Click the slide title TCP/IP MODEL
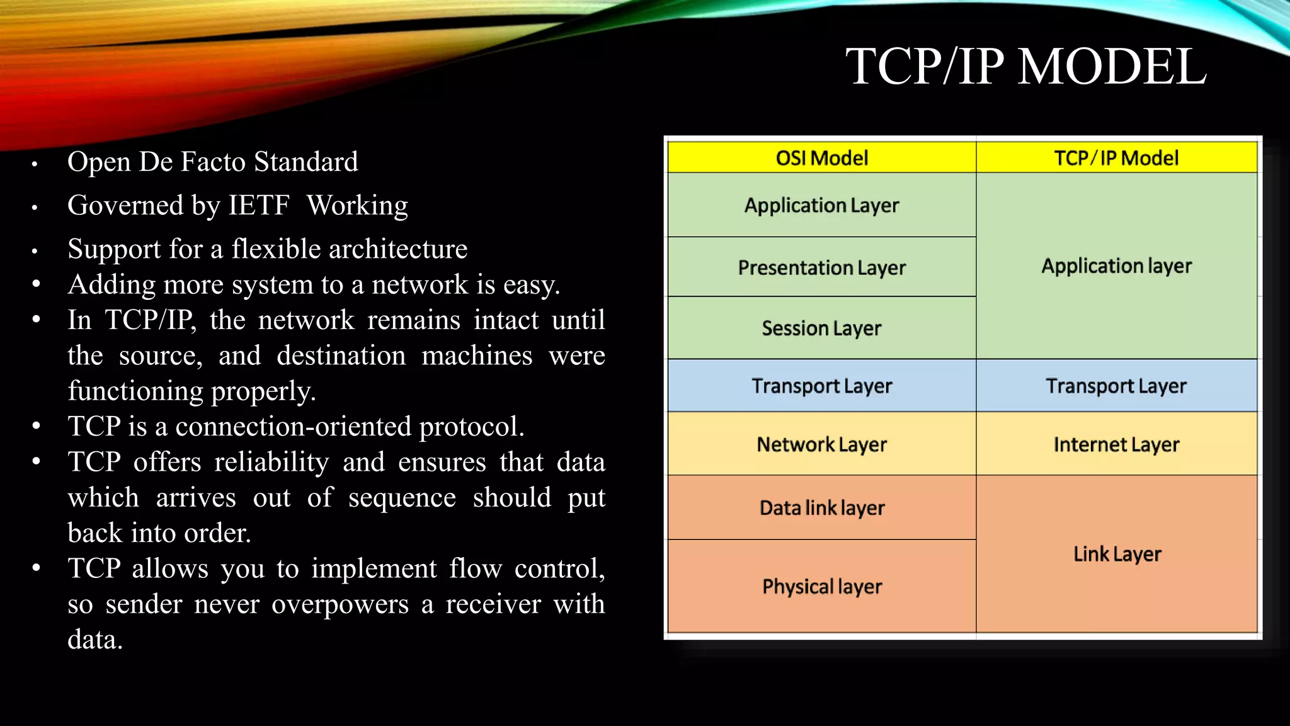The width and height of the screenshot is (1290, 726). [1025, 67]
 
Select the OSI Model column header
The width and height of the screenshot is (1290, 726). [821, 158]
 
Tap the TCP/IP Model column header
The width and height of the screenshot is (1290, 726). [1116, 158]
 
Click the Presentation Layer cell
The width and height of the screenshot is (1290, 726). [821, 268]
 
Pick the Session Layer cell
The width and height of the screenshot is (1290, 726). [821, 328]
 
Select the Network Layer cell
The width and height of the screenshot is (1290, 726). [821, 444]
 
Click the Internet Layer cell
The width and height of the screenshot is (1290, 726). [1116, 444]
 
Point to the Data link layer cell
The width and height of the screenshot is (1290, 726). [821, 508]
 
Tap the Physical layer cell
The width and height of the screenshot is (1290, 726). [821, 587]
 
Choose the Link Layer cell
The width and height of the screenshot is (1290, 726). [1117, 554]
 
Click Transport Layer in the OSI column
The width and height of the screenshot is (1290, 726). [821, 386]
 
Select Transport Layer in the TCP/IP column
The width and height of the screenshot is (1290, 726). [1116, 386]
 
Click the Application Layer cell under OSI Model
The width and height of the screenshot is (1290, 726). [821, 205]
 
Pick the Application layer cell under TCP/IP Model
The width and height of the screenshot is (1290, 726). [1116, 266]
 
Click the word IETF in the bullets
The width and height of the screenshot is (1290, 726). [259, 205]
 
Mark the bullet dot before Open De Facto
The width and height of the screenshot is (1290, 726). [35, 164]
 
